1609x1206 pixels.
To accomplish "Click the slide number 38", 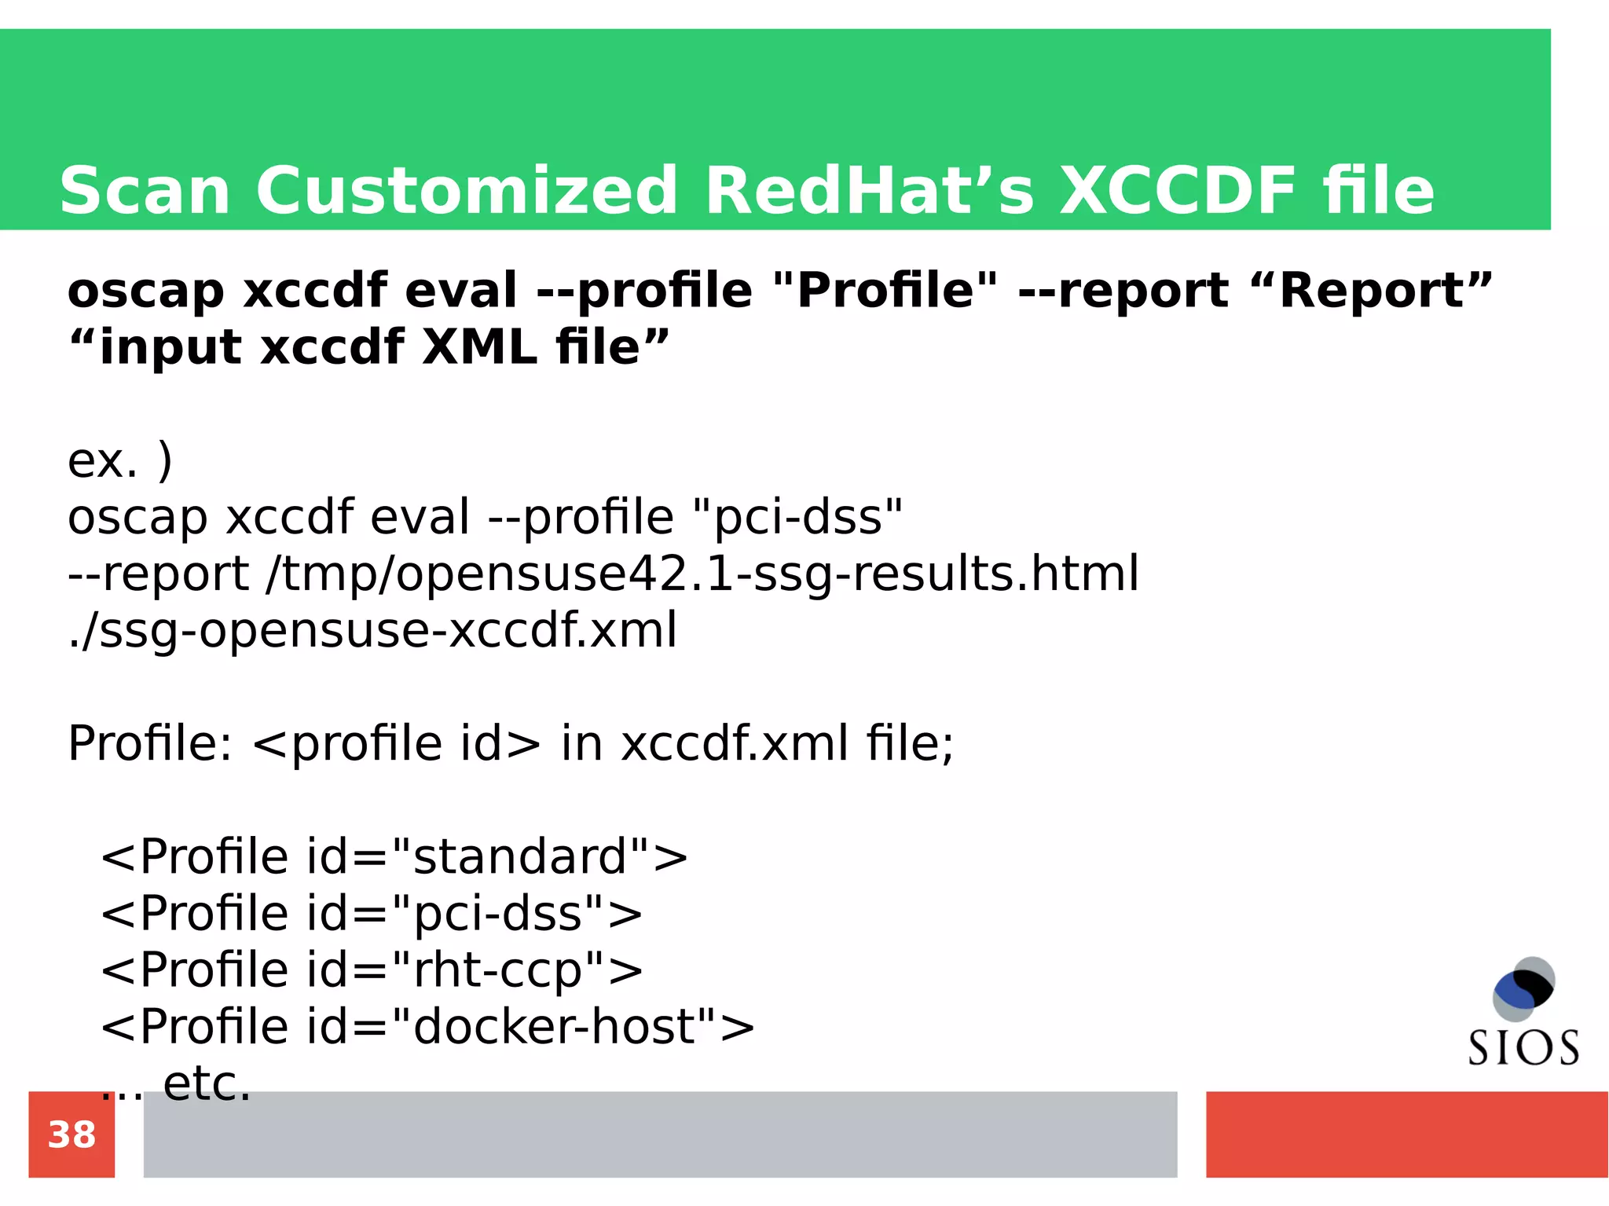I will [71, 1135].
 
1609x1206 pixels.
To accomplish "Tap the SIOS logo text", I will [1523, 1048].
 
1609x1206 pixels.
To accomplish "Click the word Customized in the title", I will [466, 191].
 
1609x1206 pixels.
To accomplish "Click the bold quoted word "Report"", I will [1370, 291].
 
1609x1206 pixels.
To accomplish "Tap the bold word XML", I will [479, 347].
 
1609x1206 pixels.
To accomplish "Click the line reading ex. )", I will [119, 460].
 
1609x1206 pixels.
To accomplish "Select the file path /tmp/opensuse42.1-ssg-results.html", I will [702, 574].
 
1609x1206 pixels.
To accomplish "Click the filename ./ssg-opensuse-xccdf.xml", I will [372, 630].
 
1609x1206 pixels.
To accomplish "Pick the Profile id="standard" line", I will [394, 856].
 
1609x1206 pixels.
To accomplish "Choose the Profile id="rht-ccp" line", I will [372, 970].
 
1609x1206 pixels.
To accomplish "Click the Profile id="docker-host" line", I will [427, 1026].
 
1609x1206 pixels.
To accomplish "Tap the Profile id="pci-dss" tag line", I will [372, 913].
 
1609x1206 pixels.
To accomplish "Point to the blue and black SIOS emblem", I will [1523, 988].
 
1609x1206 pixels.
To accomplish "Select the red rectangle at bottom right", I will [1406, 1135].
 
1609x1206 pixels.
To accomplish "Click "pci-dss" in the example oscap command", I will [798, 517].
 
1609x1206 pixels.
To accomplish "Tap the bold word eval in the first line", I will [461, 291].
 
